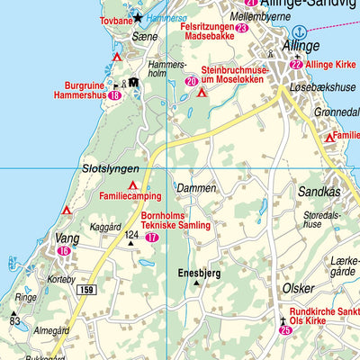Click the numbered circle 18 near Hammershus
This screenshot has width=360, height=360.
(113, 94)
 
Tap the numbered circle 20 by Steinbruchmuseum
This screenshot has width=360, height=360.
(191, 81)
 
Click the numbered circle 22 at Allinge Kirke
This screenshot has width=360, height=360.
(296, 65)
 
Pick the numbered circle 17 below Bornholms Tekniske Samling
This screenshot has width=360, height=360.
(152, 238)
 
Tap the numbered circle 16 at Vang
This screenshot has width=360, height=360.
(63, 251)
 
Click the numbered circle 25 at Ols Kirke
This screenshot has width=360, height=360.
(285, 330)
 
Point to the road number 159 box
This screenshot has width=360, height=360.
(86, 290)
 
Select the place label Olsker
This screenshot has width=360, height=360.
(299, 290)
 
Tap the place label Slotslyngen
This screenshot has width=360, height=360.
(111, 168)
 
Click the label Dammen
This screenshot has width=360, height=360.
(196, 188)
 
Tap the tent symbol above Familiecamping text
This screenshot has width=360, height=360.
(133, 184)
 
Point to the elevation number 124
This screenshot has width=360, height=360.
(132, 236)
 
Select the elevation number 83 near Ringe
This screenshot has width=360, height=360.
(14, 320)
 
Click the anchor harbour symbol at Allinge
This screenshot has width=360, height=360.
(301, 32)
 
